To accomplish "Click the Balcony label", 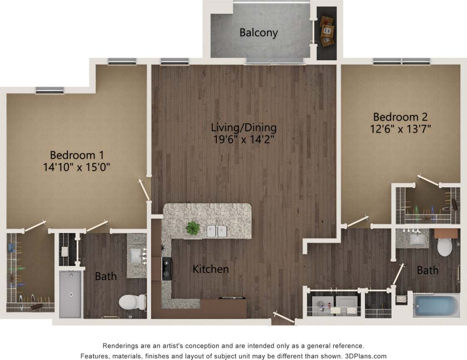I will click(x=258, y=33).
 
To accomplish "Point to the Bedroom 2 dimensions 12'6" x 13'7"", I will click(x=400, y=129).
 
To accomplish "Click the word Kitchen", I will click(x=211, y=269).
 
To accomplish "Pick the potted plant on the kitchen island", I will click(x=193, y=228).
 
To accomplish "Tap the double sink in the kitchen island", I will click(x=217, y=231).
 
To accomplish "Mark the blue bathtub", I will click(x=436, y=306).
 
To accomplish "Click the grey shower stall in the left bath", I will click(x=71, y=294).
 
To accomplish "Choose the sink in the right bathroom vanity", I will click(x=415, y=239).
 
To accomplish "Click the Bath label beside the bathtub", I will click(x=428, y=271).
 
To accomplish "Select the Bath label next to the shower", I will click(x=106, y=276).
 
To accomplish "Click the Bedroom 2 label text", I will click(x=400, y=117).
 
